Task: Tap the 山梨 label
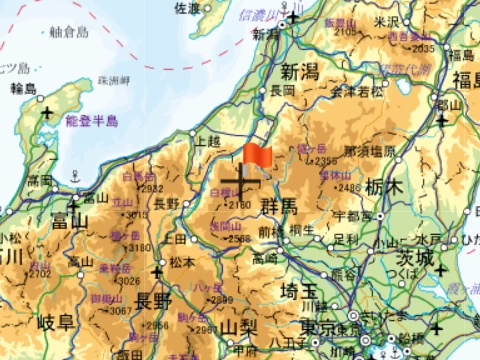(x=239, y=328)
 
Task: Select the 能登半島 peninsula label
(x=91, y=121)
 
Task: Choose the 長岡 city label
(x=282, y=90)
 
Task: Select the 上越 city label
(x=208, y=141)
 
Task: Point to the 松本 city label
(x=181, y=263)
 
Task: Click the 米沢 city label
(x=386, y=21)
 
